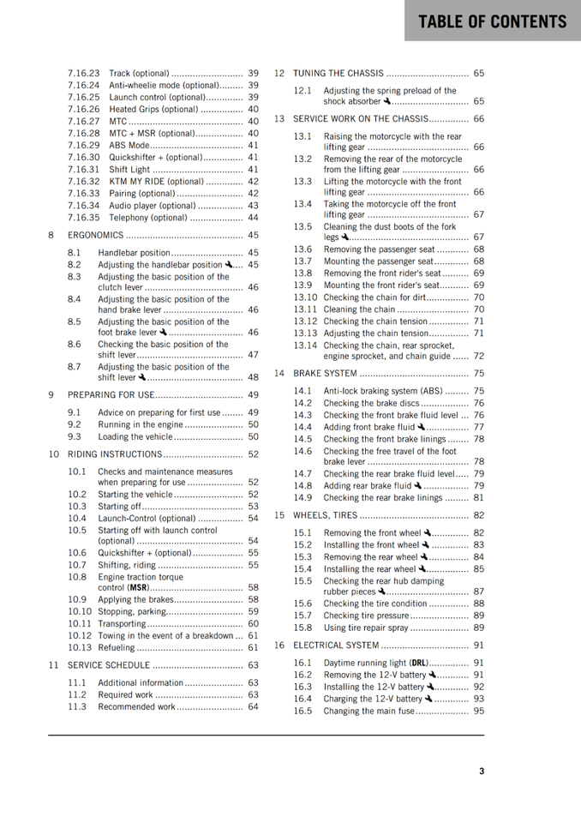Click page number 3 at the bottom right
pos(482,771)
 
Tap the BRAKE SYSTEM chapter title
pos(325,373)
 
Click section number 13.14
pos(305,345)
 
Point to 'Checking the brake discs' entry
pos(371,403)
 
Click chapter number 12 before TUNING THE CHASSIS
pos(279,73)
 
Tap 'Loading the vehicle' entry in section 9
pos(135,436)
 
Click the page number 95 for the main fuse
pos(478,711)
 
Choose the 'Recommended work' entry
pos(135,707)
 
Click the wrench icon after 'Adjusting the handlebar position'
pos(229,264)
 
